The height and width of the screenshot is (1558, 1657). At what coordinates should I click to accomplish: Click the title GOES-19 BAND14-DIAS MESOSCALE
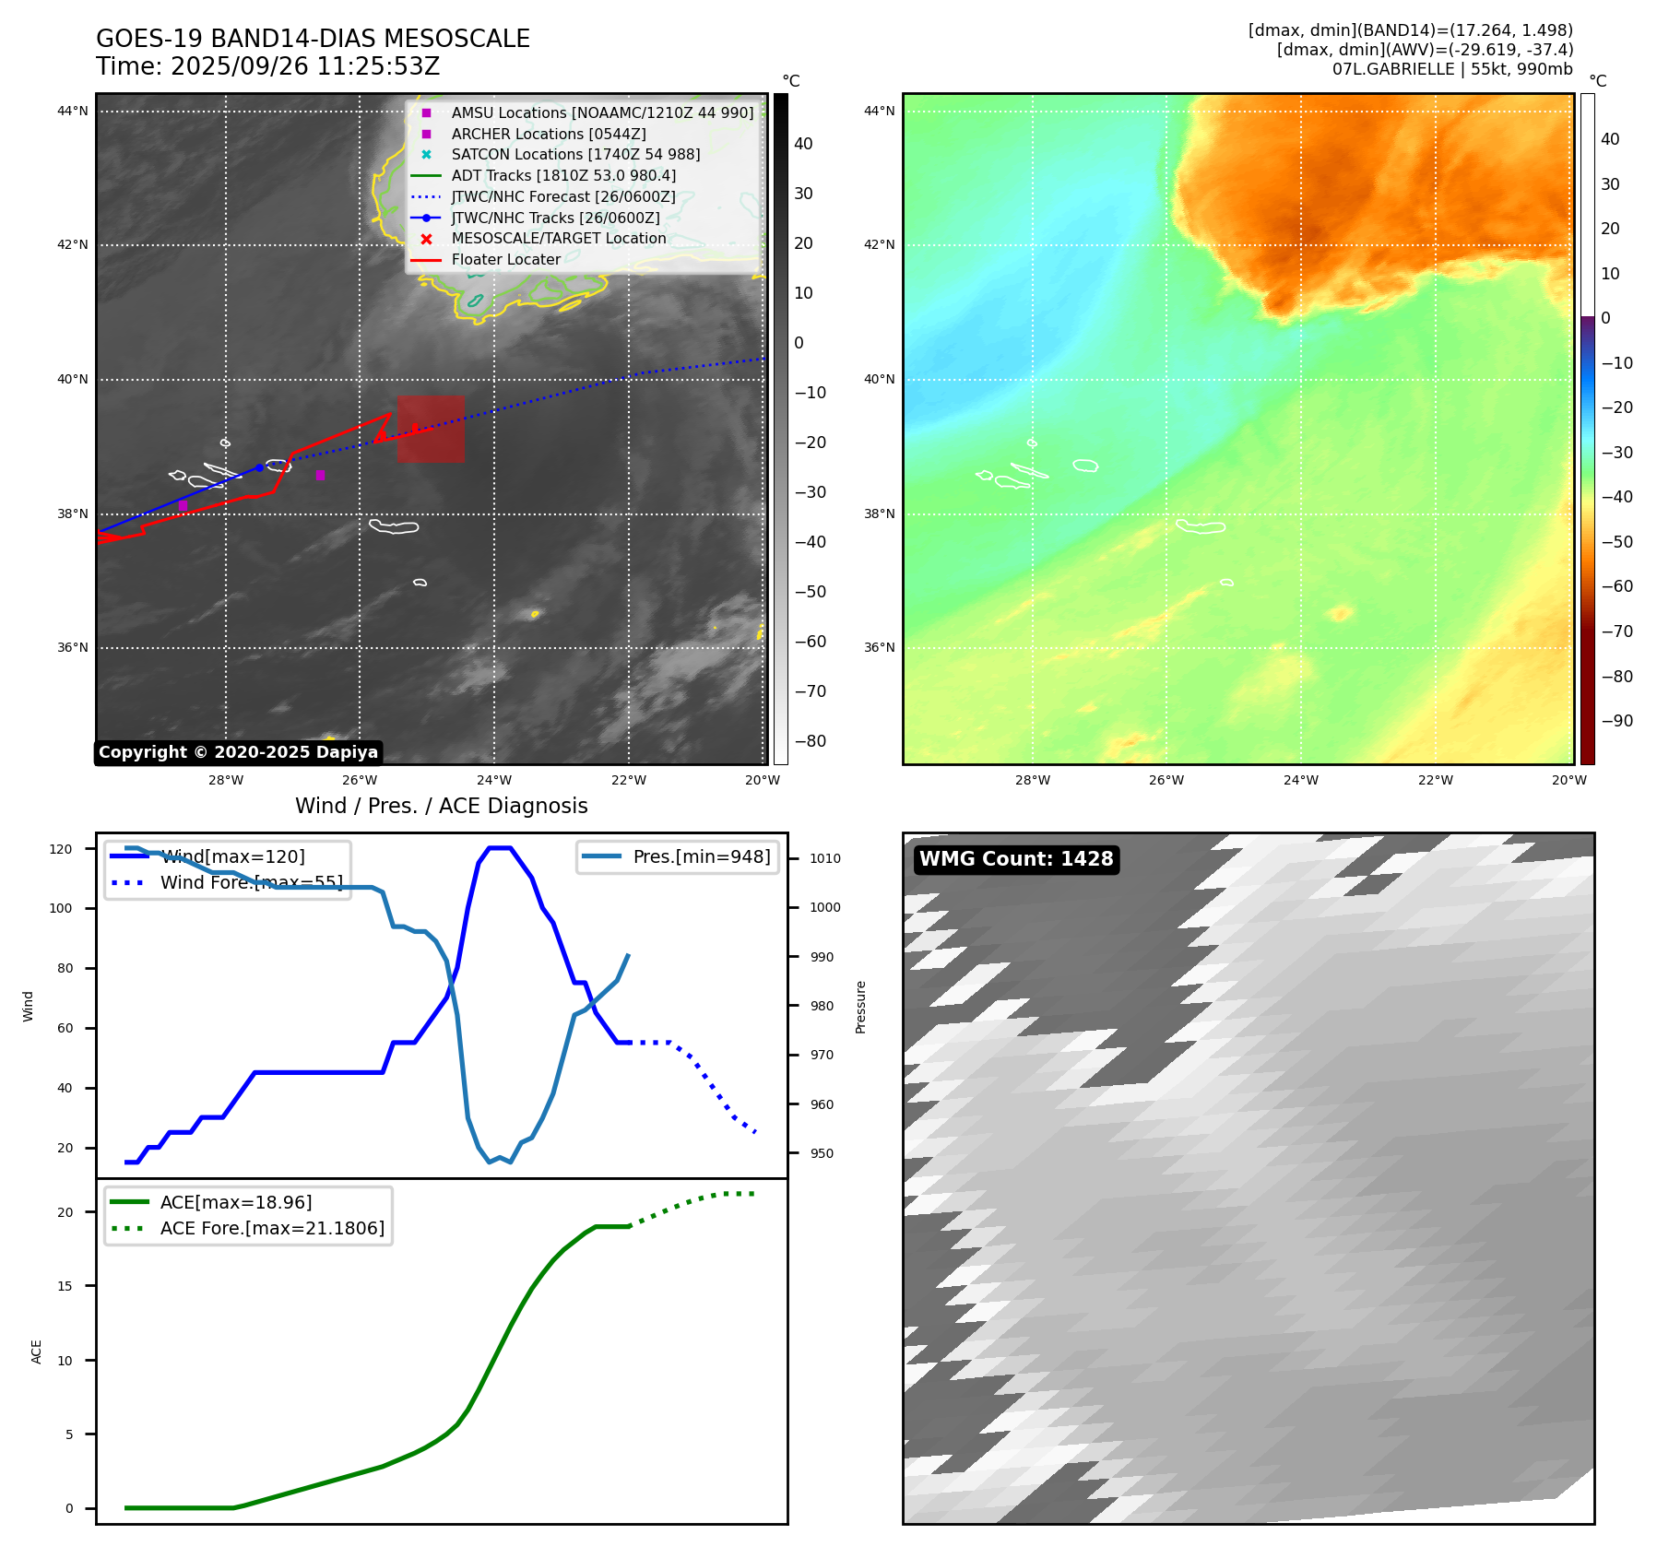point(313,39)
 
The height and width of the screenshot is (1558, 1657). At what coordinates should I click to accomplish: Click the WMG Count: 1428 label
point(1016,859)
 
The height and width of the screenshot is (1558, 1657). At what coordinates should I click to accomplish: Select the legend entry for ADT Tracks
point(562,175)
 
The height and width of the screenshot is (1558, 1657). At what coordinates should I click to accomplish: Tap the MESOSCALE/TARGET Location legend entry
point(558,238)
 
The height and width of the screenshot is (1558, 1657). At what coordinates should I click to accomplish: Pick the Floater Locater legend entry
point(505,259)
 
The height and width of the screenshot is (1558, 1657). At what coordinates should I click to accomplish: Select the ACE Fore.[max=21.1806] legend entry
point(272,1228)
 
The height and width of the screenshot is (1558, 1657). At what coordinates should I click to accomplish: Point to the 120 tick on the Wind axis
point(61,849)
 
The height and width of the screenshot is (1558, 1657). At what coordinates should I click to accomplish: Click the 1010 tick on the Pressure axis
point(825,858)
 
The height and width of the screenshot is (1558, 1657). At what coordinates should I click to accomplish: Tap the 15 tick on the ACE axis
point(65,1286)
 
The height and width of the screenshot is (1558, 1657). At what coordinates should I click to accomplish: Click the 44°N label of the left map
point(73,112)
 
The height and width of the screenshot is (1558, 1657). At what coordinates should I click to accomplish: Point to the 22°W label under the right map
point(1435,780)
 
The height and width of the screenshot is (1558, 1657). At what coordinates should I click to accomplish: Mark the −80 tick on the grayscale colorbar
point(811,741)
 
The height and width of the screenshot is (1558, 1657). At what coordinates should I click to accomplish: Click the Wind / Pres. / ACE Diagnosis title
point(441,806)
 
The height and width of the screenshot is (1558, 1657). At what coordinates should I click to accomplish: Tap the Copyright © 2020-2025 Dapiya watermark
point(238,752)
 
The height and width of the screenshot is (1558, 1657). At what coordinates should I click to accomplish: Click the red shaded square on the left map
point(431,429)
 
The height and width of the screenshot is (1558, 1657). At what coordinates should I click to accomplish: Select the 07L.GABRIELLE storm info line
point(1452,69)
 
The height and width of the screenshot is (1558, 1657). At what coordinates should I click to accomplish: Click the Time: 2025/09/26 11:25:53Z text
point(267,66)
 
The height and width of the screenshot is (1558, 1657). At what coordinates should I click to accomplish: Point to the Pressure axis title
point(860,1007)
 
